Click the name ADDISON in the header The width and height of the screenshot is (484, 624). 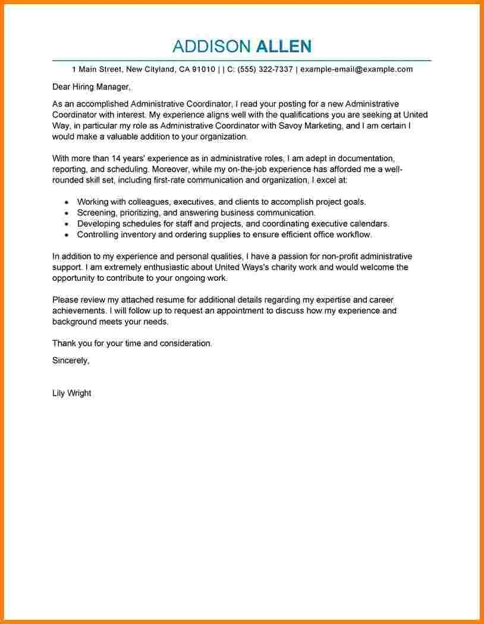click(211, 46)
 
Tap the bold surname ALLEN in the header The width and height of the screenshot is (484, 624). click(283, 46)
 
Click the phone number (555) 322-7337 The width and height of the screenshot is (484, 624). click(265, 69)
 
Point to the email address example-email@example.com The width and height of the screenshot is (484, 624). click(356, 69)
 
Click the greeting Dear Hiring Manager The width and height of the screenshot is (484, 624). click(90, 87)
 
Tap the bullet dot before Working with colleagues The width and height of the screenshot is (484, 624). click(66, 202)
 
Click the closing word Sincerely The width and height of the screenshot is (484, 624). click(70, 360)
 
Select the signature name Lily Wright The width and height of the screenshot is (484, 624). click(71, 393)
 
